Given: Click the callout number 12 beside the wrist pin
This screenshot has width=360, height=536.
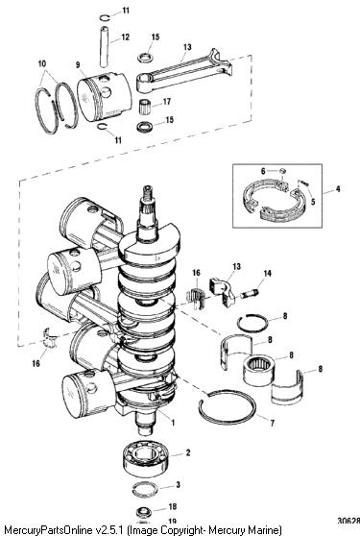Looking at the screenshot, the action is (x=126, y=37).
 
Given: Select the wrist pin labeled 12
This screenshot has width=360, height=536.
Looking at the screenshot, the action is (x=104, y=46).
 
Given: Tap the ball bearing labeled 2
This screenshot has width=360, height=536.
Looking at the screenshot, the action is (x=145, y=458).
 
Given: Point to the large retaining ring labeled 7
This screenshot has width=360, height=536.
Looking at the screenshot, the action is (x=228, y=407).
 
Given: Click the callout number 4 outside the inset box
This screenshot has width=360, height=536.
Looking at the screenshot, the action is (x=338, y=188).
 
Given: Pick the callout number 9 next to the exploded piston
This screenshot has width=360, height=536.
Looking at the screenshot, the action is (x=78, y=64).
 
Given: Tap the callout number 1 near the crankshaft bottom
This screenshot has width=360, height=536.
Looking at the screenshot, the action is (x=173, y=423).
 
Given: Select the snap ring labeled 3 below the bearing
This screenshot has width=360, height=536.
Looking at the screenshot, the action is (x=145, y=487).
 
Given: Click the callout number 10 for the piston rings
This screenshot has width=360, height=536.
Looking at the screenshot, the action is (x=42, y=63).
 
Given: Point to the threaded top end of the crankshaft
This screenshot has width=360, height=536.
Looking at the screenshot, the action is (x=147, y=194).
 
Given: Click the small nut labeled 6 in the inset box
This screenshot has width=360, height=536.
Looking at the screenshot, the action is (x=282, y=171).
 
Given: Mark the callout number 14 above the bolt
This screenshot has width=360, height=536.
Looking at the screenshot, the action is (x=267, y=273).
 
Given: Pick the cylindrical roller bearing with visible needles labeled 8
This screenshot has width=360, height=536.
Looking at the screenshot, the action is (x=259, y=370).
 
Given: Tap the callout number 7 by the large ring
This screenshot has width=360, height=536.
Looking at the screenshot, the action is (x=273, y=424).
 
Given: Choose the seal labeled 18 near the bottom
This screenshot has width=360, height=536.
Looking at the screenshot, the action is (x=144, y=512).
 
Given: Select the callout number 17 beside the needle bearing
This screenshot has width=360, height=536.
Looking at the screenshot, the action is (x=167, y=102).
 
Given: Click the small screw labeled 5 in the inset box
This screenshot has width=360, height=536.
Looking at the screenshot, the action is (x=303, y=183).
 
